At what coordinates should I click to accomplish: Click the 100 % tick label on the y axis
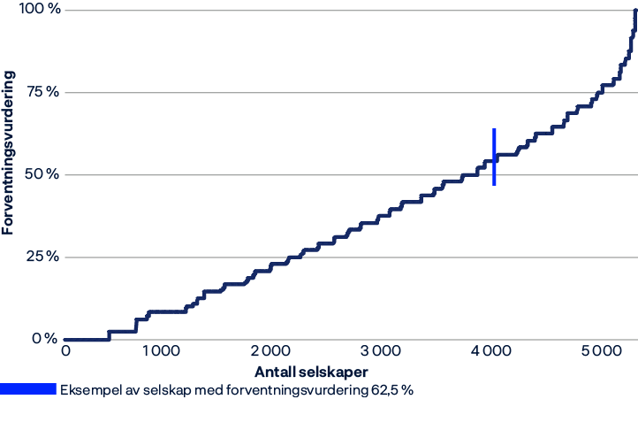(42, 10)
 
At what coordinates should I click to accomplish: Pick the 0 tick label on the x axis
(65, 351)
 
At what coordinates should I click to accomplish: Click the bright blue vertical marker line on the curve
(494, 157)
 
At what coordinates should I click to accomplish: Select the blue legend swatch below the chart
(27, 390)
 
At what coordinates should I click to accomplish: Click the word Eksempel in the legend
(87, 390)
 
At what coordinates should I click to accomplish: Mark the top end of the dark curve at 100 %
(635, 11)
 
